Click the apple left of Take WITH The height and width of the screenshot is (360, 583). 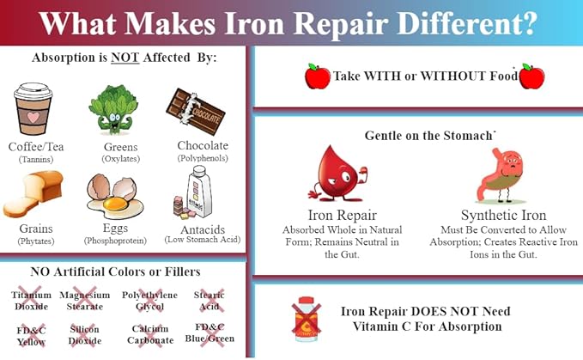pyautogui.click(x=317, y=76)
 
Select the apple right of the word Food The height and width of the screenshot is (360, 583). pyautogui.click(x=532, y=76)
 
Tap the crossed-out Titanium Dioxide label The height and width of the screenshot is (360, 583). pyautogui.click(x=31, y=301)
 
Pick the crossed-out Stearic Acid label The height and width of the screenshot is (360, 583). pyautogui.click(x=209, y=301)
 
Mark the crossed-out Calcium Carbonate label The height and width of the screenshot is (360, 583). pyautogui.click(x=150, y=333)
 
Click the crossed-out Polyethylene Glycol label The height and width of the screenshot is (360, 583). pyautogui.click(x=149, y=301)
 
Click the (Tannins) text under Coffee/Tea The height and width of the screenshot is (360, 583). pyautogui.click(x=35, y=160)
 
